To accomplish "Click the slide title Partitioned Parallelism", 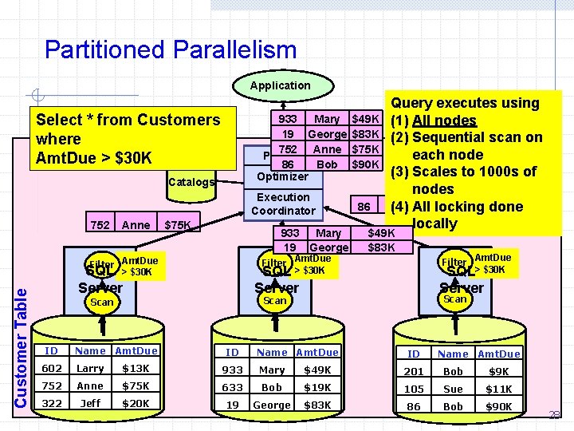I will tap(171, 50).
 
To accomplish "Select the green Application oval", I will tap(280, 85).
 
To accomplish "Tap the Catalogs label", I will tap(191, 182).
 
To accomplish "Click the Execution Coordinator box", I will tap(283, 204).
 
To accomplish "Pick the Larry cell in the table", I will tap(90, 369).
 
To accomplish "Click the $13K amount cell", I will tap(136, 369).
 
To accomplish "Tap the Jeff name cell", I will tap(90, 404).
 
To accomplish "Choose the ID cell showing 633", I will tap(232, 388).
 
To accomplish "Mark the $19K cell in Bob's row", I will tap(317, 388).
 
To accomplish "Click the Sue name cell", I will tap(453, 389).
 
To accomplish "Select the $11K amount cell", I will tap(498, 389).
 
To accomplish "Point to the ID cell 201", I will tap(414, 372).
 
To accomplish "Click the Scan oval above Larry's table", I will tap(102, 302).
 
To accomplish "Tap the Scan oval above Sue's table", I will tap(454, 299).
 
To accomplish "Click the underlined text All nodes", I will tap(444, 121).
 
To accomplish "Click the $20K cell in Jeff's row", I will tap(136, 404).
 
